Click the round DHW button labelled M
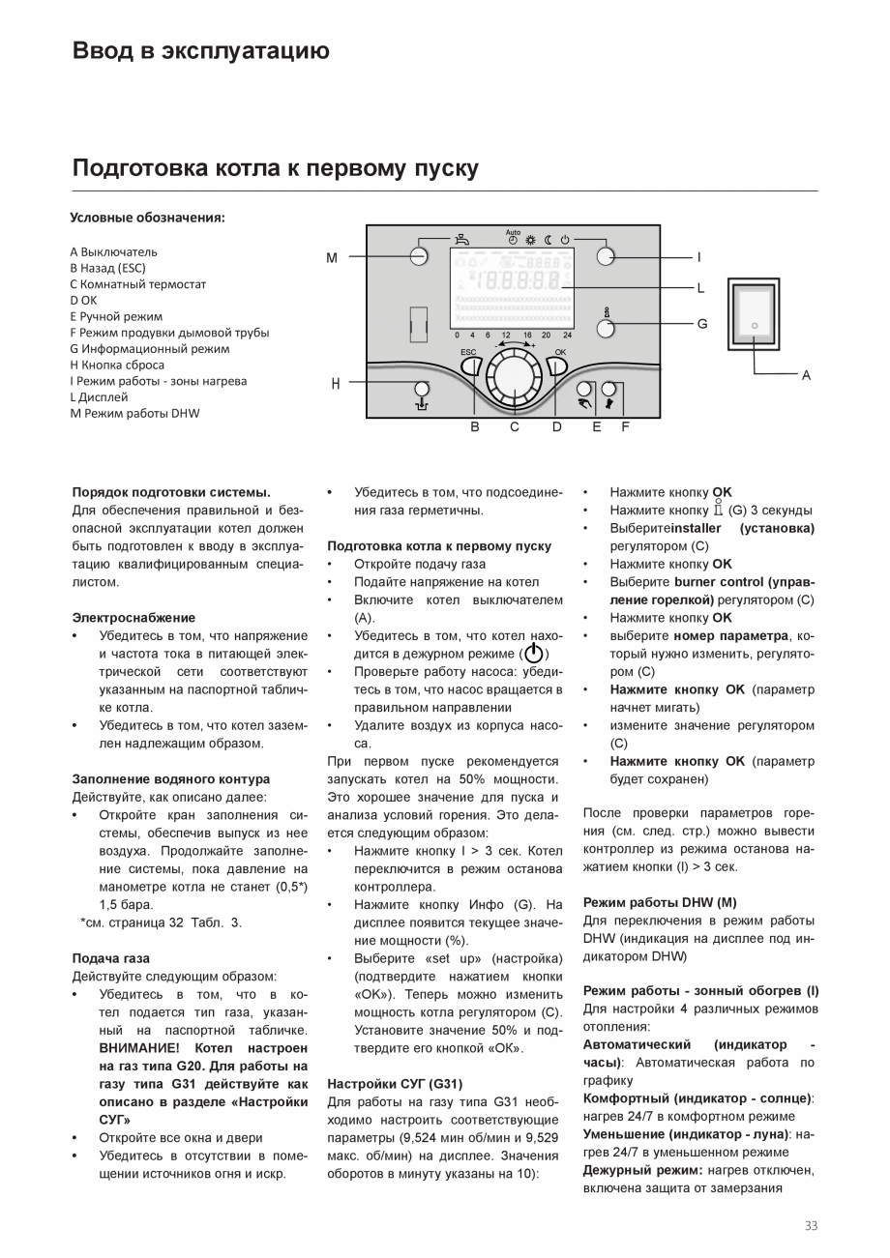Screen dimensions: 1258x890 (x=419, y=256)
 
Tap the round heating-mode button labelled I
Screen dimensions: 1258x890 (x=607, y=256)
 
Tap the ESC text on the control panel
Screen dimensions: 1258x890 (x=468, y=352)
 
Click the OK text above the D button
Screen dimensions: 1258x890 (x=560, y=352)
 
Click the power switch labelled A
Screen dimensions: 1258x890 (x=755, y=327)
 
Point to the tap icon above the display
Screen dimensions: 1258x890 (x=464, y=238)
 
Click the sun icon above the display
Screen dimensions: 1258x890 (x=530, y=239)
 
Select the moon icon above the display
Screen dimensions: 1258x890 (x=548, y=239)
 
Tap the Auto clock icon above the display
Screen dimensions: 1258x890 (x=513, y=237)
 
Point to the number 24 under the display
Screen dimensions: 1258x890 (x=567, y=335)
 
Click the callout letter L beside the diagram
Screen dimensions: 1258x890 (x=701, y=288)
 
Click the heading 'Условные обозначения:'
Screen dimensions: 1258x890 (x=147, y=218)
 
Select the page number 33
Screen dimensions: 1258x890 (x=811, y=1226)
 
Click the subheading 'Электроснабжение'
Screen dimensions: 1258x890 (x=133, y=618)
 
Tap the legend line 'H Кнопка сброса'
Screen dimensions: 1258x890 (x=117, y=366)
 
